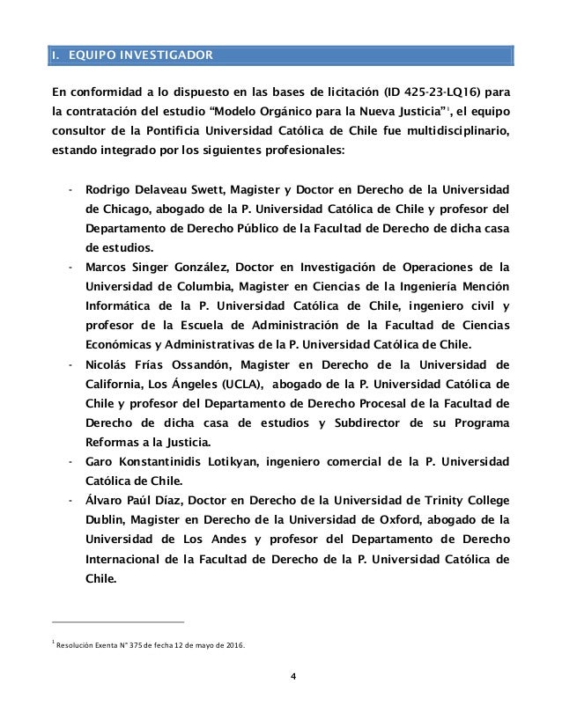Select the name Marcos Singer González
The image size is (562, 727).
pos(153,267)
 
